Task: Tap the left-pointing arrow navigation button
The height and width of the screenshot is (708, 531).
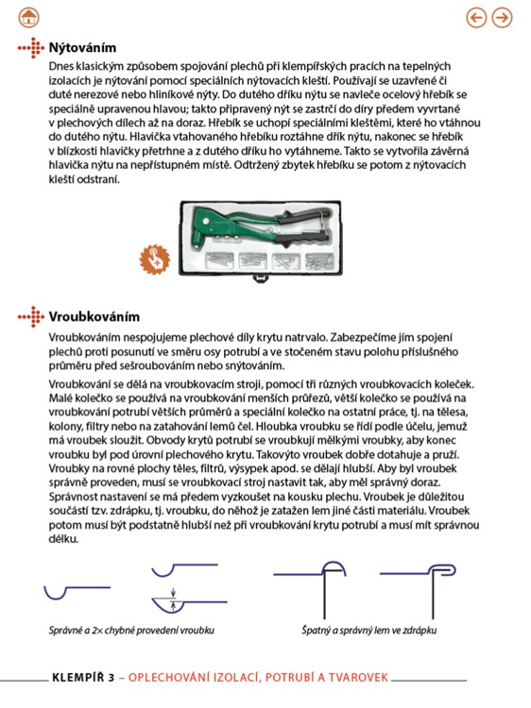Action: point(477,17)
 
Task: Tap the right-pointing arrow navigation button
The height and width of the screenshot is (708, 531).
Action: point(502,17)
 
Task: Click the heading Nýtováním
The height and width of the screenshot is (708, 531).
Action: point(83,46)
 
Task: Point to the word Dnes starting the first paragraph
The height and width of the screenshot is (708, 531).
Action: point(62,65)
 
